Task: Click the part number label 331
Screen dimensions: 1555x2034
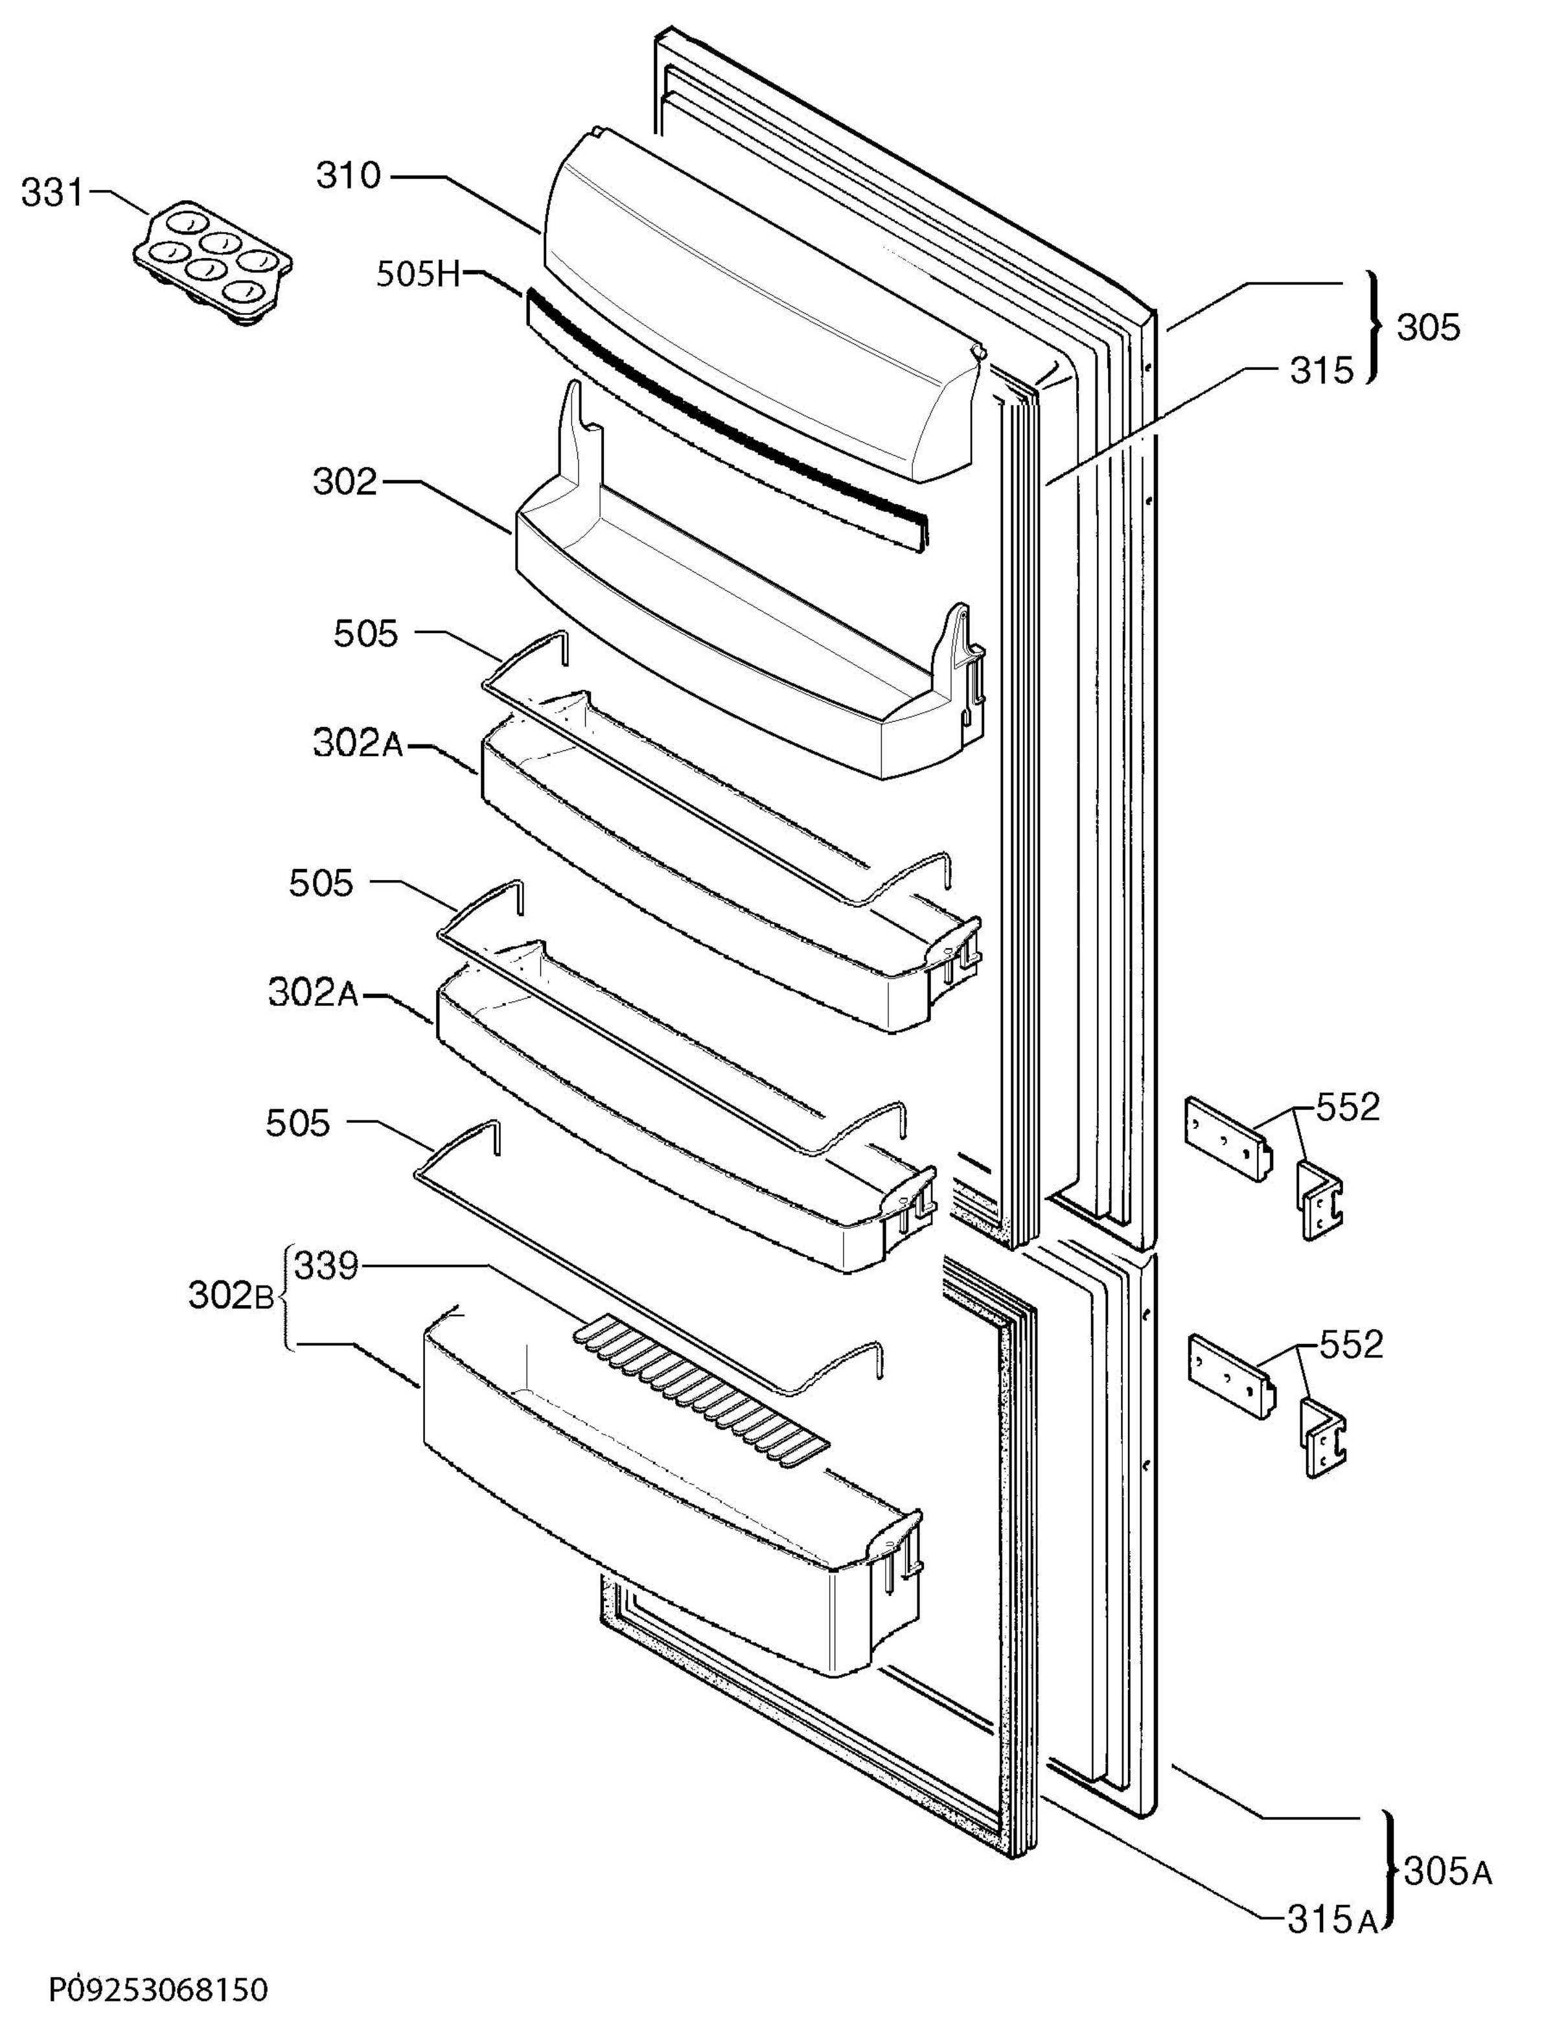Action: (x=52, y=194)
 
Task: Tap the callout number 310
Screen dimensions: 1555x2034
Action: (x=348, y=175)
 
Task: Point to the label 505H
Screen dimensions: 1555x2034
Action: (x=419, y=274)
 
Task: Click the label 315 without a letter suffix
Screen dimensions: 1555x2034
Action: (x=1322, y=371)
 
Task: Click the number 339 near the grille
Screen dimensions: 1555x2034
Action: (x=326, y=1265)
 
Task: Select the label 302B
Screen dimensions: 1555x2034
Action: (x=231, y=1296)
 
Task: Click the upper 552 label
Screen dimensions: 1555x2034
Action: (x=1348, y=1107)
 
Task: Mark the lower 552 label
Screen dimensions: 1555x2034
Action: (x=1350, y=1345)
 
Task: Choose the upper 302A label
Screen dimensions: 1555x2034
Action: (x=358, y=743)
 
